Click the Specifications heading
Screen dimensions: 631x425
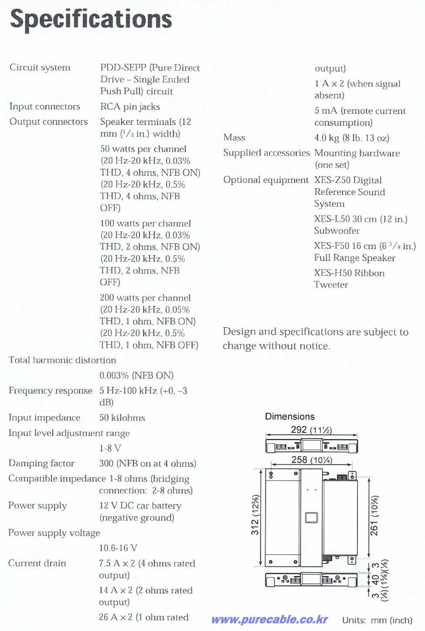[x=91, y=20]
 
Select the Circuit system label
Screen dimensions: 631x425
[x=40, y=68]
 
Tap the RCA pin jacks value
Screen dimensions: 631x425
[x=130, y=107]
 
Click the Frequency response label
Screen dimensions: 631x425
[x=51, y=391]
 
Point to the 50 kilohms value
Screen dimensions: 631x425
[x=122, y=418]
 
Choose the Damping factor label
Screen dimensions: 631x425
[x=41, y=463]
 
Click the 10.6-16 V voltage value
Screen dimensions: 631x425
[x=118, y=548]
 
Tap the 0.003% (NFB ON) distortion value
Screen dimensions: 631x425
[x=136, y=376]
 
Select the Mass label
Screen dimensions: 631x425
[x=234, y=138]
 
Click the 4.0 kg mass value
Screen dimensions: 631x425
[x=352, y=138]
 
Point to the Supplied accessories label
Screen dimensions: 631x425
[x=266, y=153]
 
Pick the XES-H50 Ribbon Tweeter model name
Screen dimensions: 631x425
[x=349, y=279]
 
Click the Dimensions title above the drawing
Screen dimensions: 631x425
[x=290, y=416]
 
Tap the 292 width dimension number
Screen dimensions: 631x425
[x=299, y=429]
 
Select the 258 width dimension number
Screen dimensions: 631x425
[x=299, y=460]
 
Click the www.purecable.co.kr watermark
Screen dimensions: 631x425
[x=269, y=620]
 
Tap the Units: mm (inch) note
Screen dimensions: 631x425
[x=377, y=620]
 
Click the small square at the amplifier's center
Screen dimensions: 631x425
[x=311, y=518]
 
